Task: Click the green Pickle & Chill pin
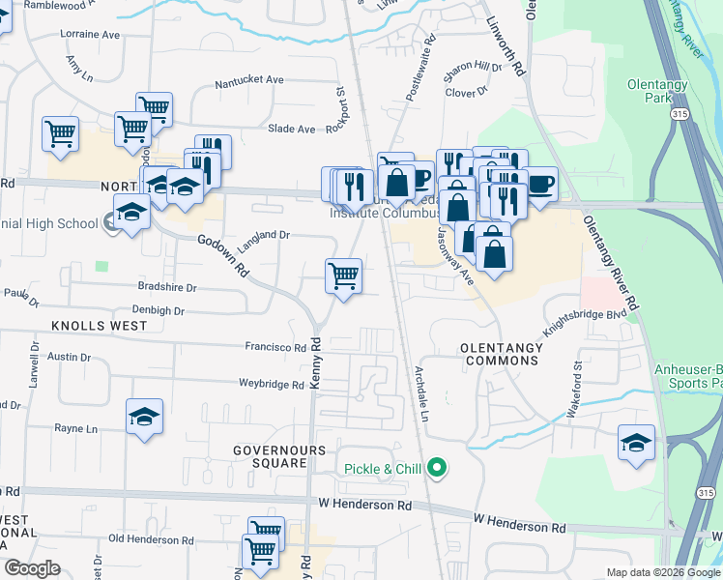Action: click(437, 469)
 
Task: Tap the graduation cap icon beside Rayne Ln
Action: click(145, 417)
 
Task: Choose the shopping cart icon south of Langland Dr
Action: click(344, 276)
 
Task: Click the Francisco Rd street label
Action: click(275, 346)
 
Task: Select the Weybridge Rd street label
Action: click(272, 384)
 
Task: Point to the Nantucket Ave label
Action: click(248, 79)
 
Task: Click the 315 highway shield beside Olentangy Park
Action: click(680, 114)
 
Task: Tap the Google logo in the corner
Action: click(32, 568)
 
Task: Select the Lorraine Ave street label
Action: click(90, 34)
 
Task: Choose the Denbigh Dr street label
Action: click(145, 310)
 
